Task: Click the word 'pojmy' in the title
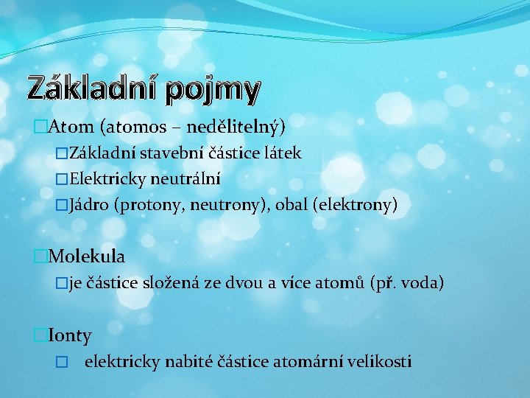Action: pyautogui.click(x=213, y=89)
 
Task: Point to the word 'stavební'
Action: pyautogui.click(x=166, y=153)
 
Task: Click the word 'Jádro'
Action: pyautogui.click(x=90, y=204)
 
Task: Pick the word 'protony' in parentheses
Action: pyautogui.click(x=152, y=204)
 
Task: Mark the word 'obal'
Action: pyautogui.click(x=291, y=204)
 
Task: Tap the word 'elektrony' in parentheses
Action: pyautogui.click(x=354, y=204)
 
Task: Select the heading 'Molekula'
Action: pyautogui.click(x=86, y=256)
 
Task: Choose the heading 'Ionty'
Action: pyautogui.click(x=69, y=336)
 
